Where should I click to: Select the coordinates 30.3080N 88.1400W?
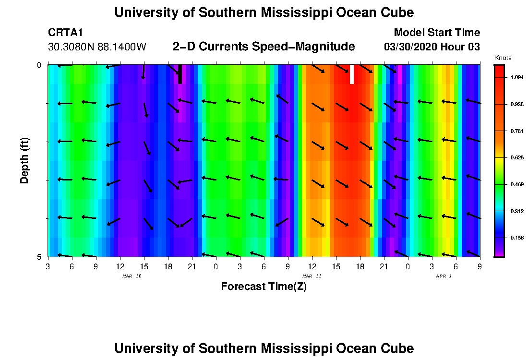97,47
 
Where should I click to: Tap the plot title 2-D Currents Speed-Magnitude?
264,47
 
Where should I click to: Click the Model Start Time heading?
436,33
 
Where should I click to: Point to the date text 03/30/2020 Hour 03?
432,47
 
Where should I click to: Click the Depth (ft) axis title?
25,160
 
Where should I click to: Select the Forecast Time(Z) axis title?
264,287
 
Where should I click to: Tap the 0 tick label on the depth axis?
39,65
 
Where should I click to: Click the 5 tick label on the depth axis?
39,257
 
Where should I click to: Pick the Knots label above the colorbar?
502,58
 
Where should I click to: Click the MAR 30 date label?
132,276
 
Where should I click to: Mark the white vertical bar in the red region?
352,74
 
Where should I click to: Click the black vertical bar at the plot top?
180,74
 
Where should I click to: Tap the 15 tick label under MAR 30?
144,266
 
